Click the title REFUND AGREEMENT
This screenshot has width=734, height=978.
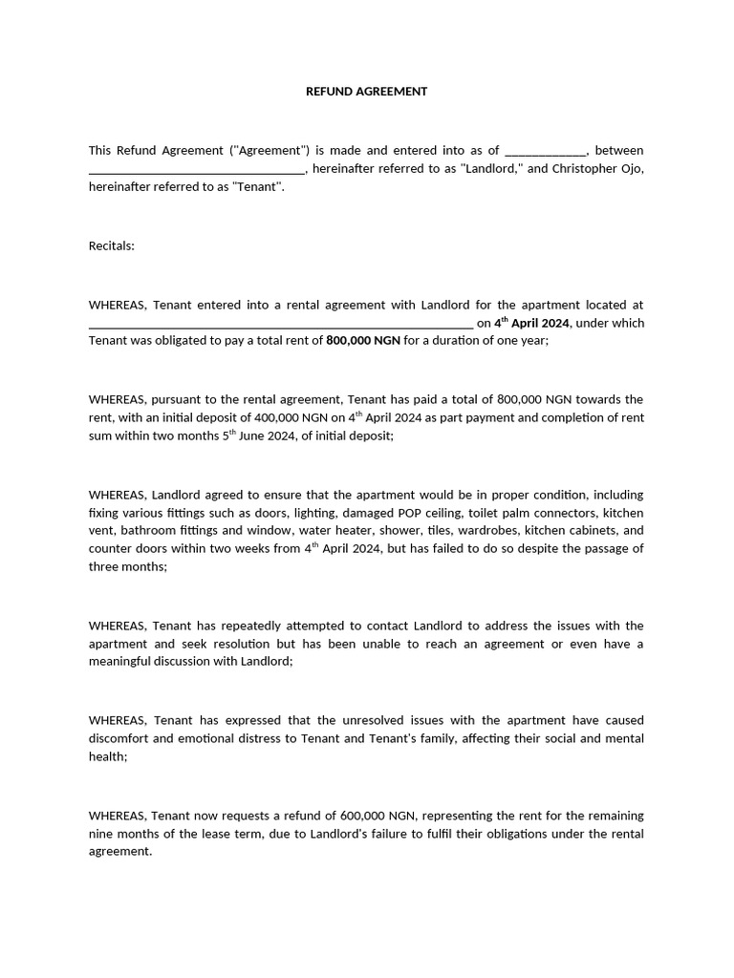366,92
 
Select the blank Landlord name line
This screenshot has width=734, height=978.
196,170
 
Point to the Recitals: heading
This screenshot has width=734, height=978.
112,245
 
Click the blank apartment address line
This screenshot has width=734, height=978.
280,324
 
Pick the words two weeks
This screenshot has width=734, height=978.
234,549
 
